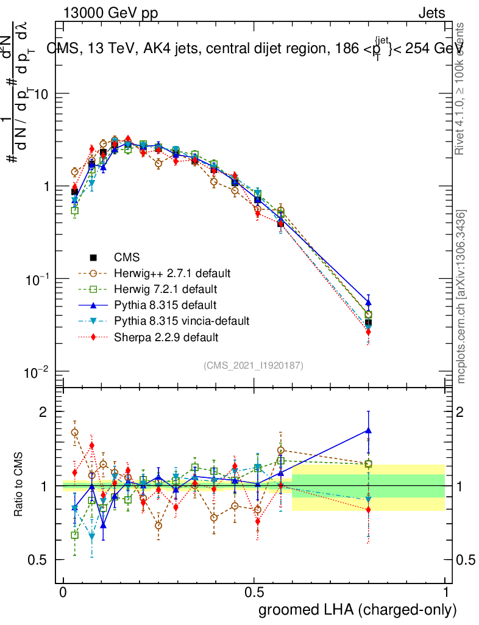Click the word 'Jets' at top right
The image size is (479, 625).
pos(431,13)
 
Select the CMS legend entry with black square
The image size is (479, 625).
pos(125,258)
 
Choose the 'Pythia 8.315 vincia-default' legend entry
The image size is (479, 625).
pos(182,320)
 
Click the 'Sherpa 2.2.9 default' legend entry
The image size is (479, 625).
pos(166,337)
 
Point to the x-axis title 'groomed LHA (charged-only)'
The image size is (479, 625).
pos(358,609)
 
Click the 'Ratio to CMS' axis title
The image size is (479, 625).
pos(19,488)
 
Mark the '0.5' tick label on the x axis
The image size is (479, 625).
pos(254,593)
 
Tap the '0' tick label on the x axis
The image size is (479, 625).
pos(63,593)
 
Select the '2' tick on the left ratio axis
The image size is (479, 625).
pos(43,412)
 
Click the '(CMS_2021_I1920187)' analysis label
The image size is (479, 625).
pos(254,365)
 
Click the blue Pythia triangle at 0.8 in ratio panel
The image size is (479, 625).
pos(368,430)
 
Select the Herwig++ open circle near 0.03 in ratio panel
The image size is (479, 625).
pos(75,432)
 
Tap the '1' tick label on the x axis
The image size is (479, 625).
pos(445,593)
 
